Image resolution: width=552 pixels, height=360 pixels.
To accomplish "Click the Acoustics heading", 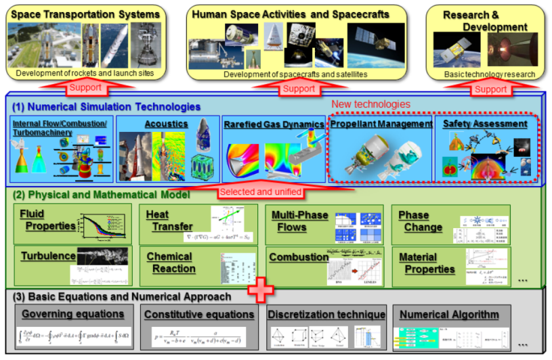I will pos(166,124).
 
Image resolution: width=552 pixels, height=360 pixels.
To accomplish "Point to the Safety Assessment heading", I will pos(486,124).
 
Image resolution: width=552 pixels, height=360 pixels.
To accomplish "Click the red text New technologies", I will pos(370,104).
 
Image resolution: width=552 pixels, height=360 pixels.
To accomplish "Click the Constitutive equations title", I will pos(199,314).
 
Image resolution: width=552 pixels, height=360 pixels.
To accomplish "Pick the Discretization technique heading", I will pos(326,314).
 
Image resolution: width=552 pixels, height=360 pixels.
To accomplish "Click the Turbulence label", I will pos(47,257).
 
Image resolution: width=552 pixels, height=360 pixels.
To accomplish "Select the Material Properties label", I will pos(427,263).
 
